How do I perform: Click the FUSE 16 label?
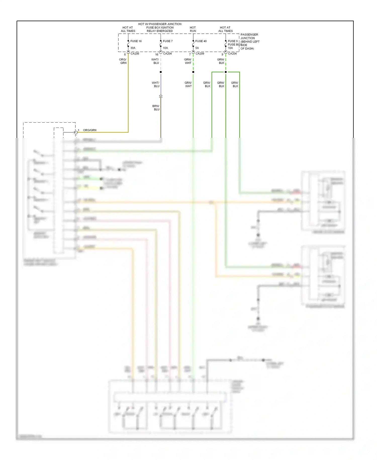[x=136, y=41]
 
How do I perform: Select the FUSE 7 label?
[x=168, y=41]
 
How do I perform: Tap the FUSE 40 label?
[x=201, y=41]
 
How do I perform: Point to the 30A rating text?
[x=133, y=48]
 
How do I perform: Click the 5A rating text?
[x=197, y=48]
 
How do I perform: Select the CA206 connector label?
[x=135, y=54]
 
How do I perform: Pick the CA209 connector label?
[x=200, y=54]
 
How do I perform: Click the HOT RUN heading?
[x=193, y=29]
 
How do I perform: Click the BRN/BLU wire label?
[x=156, y=108]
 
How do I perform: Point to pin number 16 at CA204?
[x=157, y=54]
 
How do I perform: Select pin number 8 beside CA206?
[x=125, y=54]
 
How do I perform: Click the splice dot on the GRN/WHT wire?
[x=193, y=72]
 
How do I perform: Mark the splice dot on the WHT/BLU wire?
[x=161, y=72]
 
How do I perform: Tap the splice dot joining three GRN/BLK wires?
[x=226, y=72]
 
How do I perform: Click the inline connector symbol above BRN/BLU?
[x=161, y=96]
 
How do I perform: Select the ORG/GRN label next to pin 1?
[x=90, y=130]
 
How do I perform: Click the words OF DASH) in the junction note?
[x=247, y=49]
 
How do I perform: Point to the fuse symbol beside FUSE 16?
[x=128, y=45]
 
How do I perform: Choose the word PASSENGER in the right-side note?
[x=249, y=34]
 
